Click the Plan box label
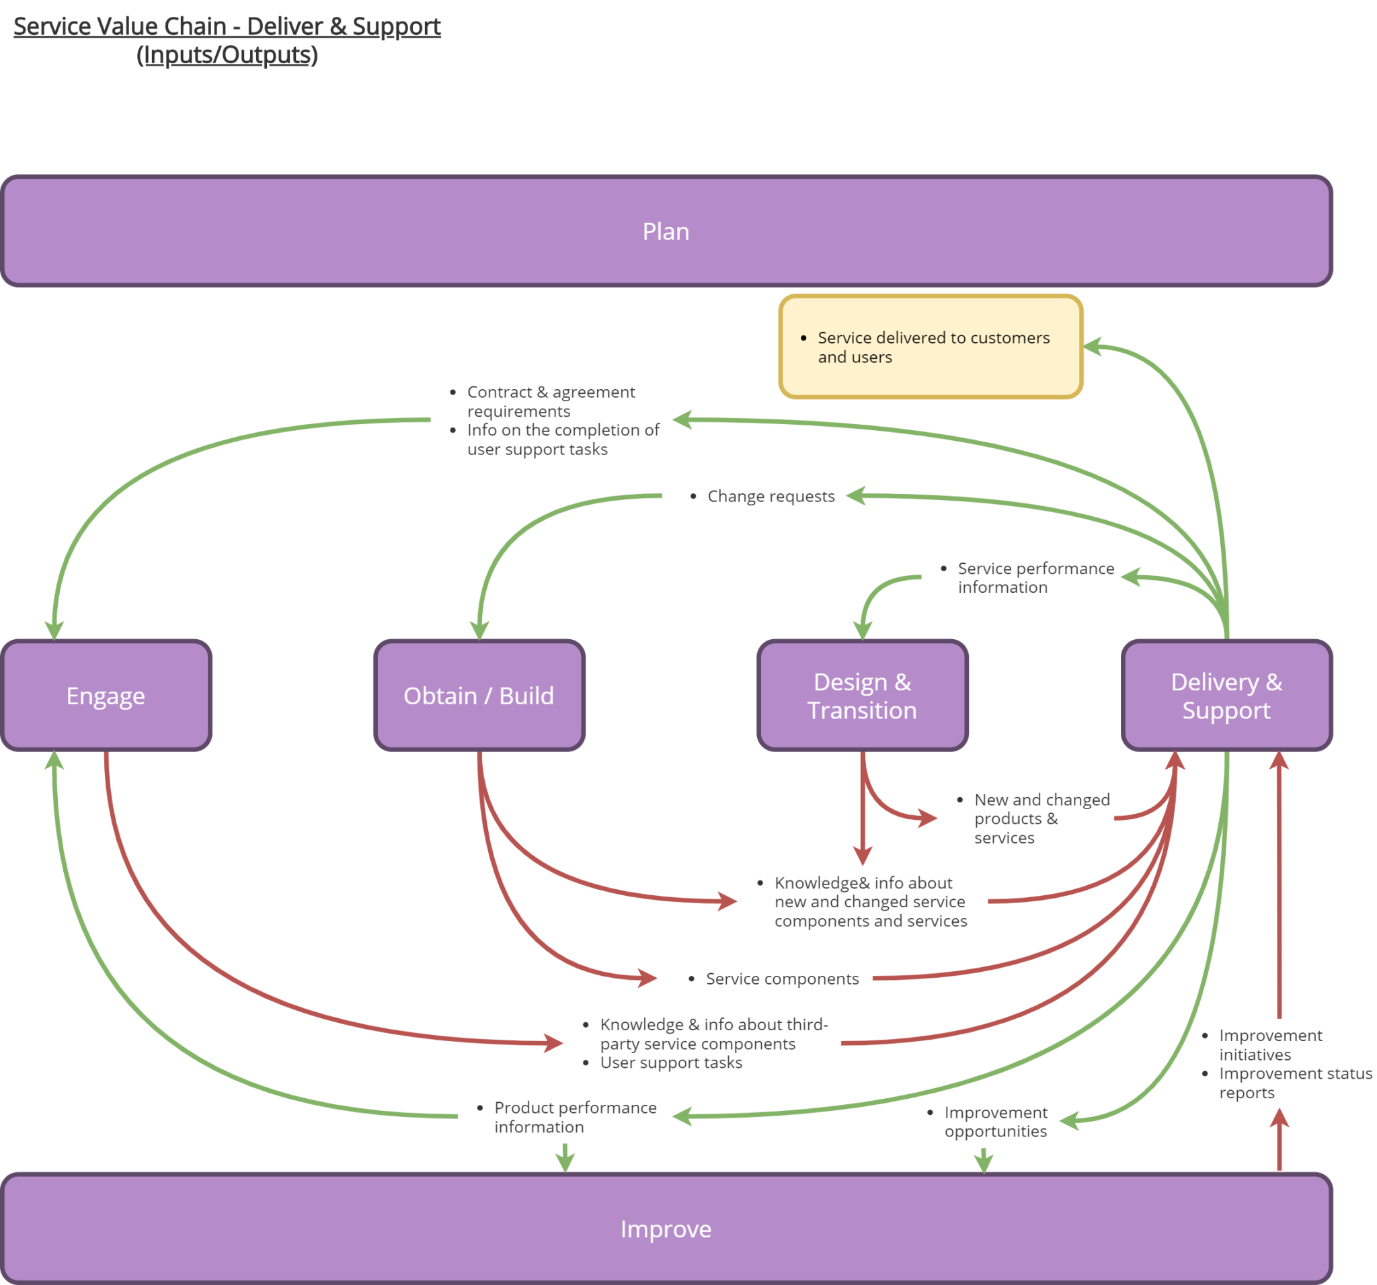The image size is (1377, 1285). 666,231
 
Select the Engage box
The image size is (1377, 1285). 106,695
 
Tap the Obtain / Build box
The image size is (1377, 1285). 479,695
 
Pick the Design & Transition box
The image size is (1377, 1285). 863,695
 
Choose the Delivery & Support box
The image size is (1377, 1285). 1226,695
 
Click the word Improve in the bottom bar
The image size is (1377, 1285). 666,1229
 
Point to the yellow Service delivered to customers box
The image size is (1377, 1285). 931,347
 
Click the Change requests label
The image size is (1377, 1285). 771,497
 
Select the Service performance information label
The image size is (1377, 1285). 1035,577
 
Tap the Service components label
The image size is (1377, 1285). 782,979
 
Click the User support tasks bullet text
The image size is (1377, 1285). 670,1062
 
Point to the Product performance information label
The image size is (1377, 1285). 574,1117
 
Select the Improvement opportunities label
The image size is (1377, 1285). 995,1122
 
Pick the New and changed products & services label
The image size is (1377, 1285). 1041,819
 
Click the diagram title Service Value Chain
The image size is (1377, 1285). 227,26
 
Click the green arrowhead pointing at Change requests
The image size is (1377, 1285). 856,496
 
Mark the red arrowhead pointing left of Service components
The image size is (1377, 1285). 648,978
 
